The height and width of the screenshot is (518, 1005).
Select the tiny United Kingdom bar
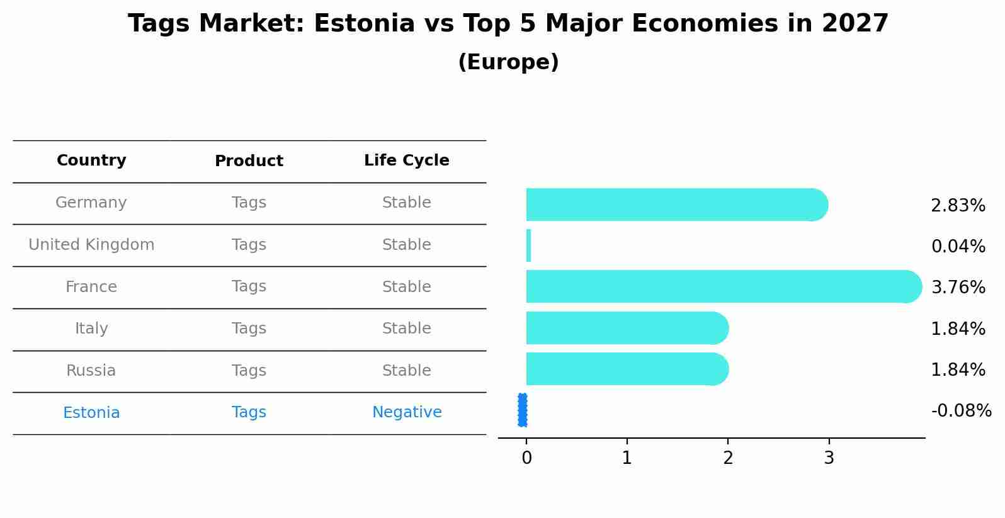[x=528, y=245]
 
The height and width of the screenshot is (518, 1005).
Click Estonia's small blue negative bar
[x=523, y=410]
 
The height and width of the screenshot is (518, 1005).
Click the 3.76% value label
[x=958, y=288]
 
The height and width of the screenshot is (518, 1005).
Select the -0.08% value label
[x=961, y=411]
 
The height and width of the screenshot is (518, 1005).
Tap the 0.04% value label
[x=958, y=247]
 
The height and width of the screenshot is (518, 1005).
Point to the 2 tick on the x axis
[x=728, y=458]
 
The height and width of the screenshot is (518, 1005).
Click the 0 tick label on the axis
[x=526, y=458]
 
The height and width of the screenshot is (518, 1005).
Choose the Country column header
[x=91, y=160]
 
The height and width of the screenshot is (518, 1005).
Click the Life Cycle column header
[x=406, y=160]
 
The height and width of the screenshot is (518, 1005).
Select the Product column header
[x=249, y=161]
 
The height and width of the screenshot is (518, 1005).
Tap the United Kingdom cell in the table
[x=91, y=245]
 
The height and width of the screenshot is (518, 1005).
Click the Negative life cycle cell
[x=407, y=412]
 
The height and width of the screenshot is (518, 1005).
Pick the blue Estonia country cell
[x=91, y=413]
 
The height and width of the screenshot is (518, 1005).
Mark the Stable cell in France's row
[x=406, y=287]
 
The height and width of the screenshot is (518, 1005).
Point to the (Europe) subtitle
[x=508, y=62]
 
